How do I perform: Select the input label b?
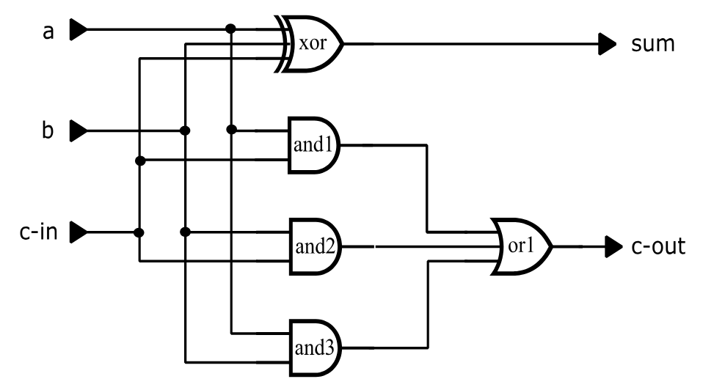tap(48, 131)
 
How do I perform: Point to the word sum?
tap(652, 44)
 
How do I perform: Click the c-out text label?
tap(658, 247)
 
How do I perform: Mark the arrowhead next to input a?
tap(78, 30)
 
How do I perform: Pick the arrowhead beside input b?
tap(78, 132)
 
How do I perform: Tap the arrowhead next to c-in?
tap(78, 233)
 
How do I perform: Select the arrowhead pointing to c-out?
tap(613, 247)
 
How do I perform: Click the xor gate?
tap(310, 43)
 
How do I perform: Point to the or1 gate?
tap(521, 247)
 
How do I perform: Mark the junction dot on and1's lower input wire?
tap(139, 160)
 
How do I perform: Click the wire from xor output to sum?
tap(470, 44)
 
